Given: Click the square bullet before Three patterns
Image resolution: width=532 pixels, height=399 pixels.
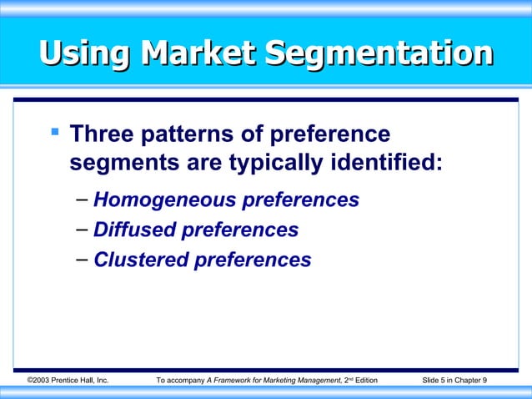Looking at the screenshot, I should (x=54, y=132).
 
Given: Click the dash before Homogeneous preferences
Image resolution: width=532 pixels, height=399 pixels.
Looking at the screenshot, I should (x=81, y=200).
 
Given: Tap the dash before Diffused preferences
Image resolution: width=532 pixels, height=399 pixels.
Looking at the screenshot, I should (x=81, y=230).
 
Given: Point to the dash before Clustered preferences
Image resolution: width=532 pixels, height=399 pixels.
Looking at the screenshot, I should (x=81, y=260).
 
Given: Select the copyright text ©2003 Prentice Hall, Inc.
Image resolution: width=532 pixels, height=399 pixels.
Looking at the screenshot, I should (x=68, y=381).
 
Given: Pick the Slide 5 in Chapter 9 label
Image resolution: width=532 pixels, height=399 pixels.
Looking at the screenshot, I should (x=455, y=381).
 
